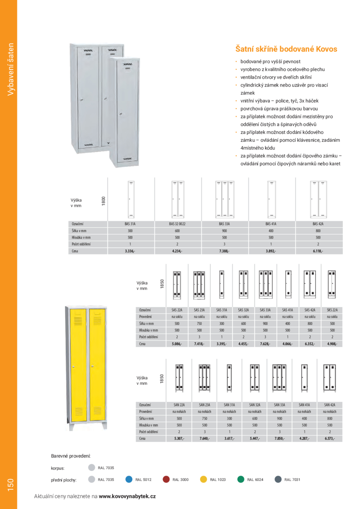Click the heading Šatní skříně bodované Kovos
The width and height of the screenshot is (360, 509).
click(286, 49)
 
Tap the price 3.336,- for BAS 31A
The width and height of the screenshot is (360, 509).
click(130, 251)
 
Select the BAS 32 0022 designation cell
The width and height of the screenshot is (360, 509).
click(177, 224)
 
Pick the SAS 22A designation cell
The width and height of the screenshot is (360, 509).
click(178, 310)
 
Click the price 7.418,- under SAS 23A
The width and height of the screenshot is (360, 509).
click(199, 344)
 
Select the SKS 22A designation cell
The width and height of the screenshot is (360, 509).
click(332, 310)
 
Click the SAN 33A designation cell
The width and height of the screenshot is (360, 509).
click(280, 405)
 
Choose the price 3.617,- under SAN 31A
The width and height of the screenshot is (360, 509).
click(229, 439)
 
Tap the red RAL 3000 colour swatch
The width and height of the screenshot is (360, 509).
click(166, 479)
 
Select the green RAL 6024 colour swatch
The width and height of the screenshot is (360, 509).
click(241, 479)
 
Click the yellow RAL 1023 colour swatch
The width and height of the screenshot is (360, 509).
click(203, 479)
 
